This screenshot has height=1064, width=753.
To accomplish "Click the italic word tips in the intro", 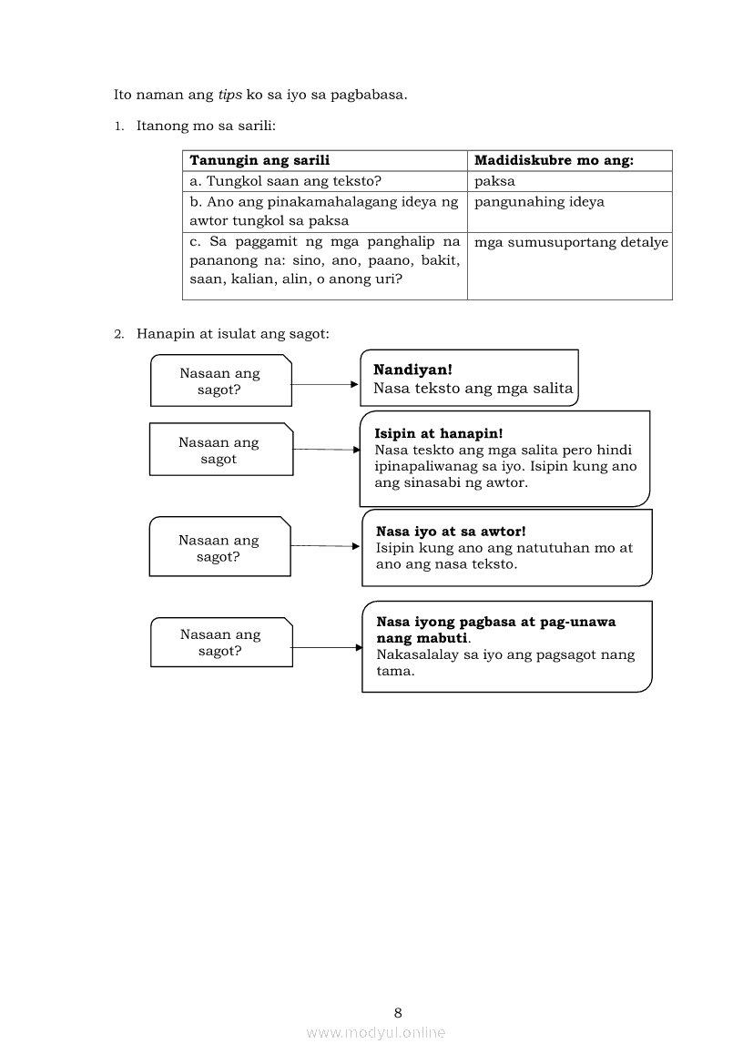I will tap(229, 95).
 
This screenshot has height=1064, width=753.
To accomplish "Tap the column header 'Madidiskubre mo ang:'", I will tap(554, 160).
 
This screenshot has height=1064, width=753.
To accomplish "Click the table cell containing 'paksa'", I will tap(494, 181).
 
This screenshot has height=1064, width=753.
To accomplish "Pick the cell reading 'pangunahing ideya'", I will tap(539, 202).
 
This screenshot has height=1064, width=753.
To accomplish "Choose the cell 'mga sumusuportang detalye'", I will tap(571, 242).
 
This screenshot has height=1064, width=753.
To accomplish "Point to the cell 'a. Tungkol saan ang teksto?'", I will tap(285, 181).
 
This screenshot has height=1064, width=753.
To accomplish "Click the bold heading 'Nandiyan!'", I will tap(412, 370).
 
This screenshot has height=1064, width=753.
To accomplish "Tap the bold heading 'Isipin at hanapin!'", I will tap(438, 434).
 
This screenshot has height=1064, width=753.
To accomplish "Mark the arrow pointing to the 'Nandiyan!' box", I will tap(325, 384).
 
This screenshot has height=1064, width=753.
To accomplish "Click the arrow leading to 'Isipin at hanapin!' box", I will tap(327, 449).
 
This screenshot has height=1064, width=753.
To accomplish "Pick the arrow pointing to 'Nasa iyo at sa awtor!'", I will tap(326, 546).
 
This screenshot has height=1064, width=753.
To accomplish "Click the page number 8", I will tap(398, 1012).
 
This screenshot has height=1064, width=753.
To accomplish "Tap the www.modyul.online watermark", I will tap(376, 1032).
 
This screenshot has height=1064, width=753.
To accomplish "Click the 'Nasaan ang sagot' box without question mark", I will tap(220, 451).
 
